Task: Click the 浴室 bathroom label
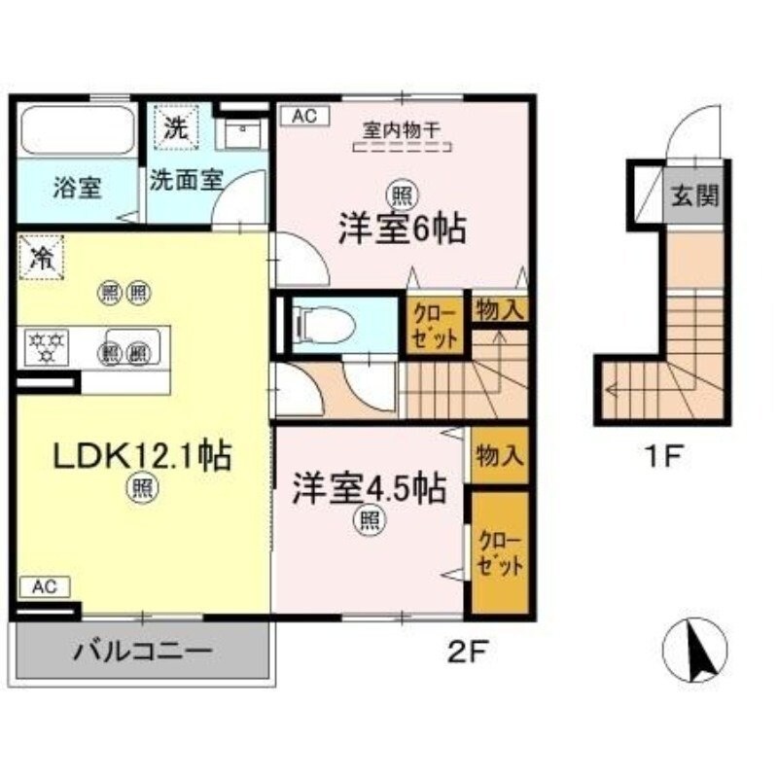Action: click(x=77, y=188)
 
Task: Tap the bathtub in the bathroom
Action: click(x=77, y=130)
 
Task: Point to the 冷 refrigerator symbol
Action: click(x=41, y=258)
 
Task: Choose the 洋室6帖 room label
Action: click(x=401, y=230)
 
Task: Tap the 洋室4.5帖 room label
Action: click(x=370, y=487)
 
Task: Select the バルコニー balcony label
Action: click(x=141, y=651)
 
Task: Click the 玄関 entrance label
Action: click(x=696, y=195)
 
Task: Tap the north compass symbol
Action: click(x=694, y=651)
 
